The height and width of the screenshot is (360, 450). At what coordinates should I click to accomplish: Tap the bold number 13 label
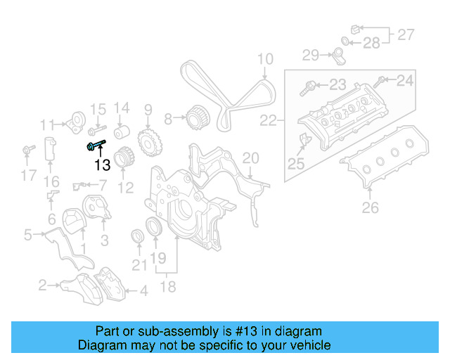pos(103,165)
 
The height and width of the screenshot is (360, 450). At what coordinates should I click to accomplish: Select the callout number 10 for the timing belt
pos(264,59)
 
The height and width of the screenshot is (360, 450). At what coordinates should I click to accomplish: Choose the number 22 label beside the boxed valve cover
pos(268,121)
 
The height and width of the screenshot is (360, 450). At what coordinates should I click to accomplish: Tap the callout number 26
pos(370,207)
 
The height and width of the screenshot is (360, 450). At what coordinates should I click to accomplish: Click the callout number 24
pos(406,81)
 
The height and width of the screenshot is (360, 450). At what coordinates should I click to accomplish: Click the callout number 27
pos(406,34)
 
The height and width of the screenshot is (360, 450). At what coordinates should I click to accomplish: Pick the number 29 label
pos(311,54)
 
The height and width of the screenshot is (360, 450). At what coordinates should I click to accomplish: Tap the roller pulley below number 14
pos(122,134)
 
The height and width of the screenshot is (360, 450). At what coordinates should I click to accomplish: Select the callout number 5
pos(27,235)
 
